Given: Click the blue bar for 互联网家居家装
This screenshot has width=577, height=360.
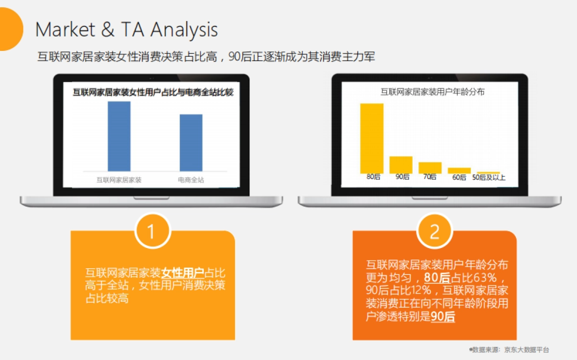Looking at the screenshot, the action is pos(119,136).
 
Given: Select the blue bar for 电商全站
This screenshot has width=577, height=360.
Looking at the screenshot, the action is pos(191,143).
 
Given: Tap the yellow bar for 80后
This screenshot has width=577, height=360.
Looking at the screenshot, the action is pos(372,138).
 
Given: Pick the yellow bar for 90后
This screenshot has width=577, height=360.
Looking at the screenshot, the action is pos(401,165).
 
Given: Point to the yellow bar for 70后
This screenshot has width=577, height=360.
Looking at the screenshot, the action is pos(430,168).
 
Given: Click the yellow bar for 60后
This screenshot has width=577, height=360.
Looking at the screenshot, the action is pos(459,171).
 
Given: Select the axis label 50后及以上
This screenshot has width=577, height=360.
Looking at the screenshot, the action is pos(489,177).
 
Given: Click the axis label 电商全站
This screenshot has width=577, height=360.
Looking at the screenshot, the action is pos(191,180).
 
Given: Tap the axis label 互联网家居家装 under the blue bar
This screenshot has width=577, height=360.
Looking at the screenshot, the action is pos(119,180).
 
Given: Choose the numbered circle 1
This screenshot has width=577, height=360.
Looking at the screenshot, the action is pos(152,231).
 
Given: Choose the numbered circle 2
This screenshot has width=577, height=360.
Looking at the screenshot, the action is pos(435,231).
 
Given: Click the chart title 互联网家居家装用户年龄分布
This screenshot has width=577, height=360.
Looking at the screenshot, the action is pos(432,92).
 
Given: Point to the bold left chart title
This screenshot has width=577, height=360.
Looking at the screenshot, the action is pos(153,92).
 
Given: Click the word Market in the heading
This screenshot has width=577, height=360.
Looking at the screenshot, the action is pos(65,30).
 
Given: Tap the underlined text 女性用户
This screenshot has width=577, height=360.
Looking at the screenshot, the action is pos(183,273).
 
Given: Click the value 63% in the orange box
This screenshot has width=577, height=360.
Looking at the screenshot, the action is pos(485,278).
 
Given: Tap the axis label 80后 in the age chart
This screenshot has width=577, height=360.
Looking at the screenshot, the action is pos(373,177).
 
